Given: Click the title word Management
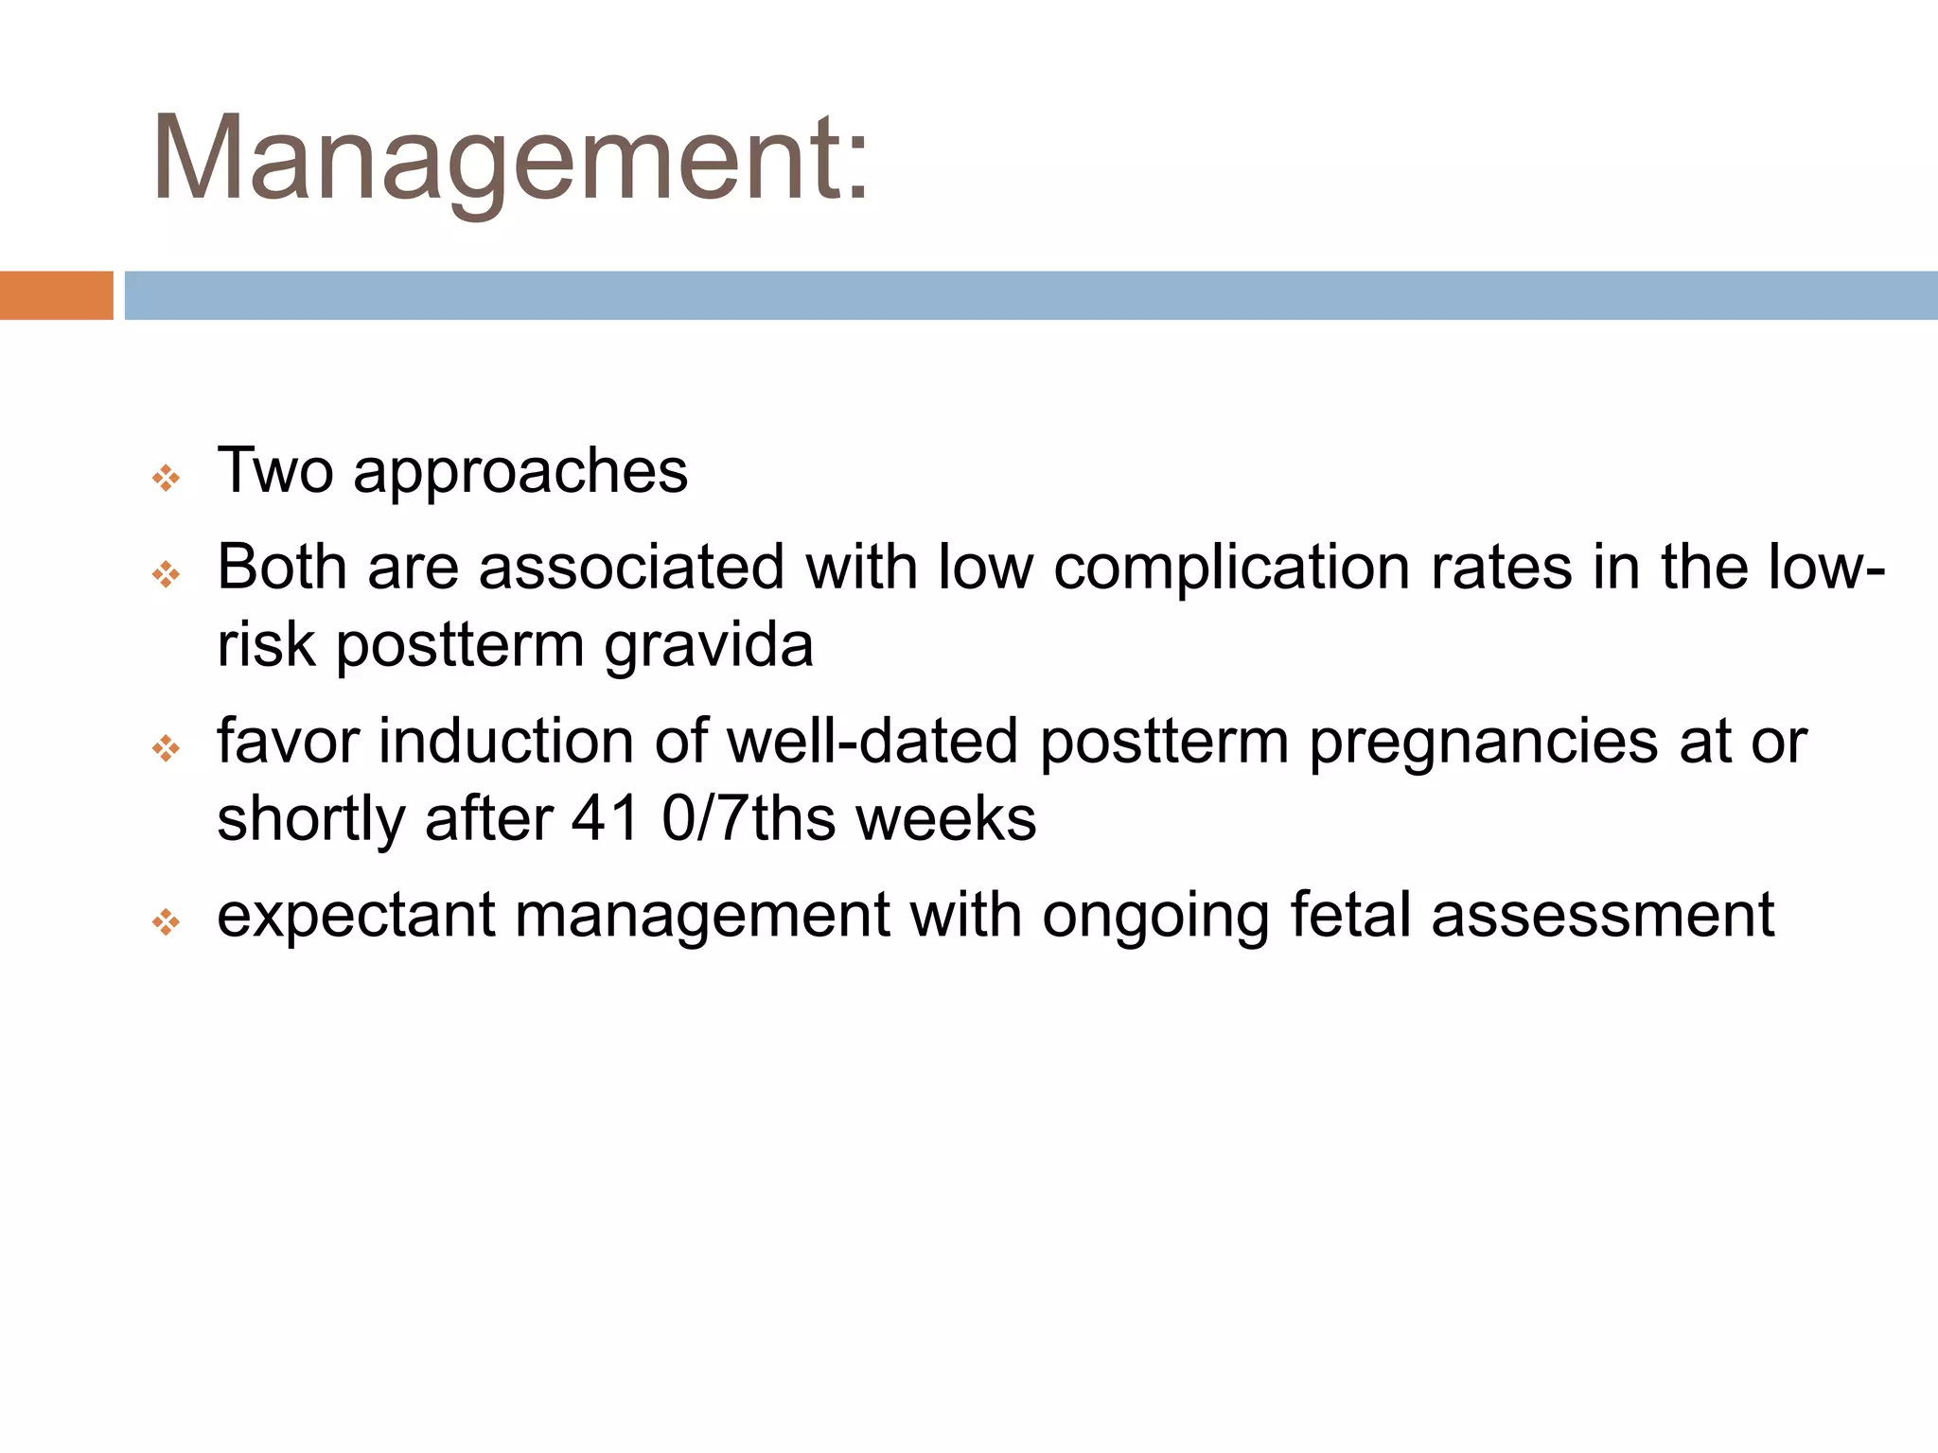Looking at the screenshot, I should point(509,159).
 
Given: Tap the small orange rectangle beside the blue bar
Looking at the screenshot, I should point(56,295).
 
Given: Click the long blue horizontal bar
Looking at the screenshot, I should point(1030,295).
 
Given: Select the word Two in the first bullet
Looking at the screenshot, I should point(274,470).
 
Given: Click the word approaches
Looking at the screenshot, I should point(520,472).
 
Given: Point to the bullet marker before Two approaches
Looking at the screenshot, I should point(166,479).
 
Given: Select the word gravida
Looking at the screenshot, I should point(708,646).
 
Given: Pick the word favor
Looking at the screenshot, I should point(288,741).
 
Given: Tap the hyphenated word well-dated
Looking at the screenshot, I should point(872,741).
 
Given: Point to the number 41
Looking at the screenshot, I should point(606,818).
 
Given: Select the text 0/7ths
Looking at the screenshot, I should point(749,818).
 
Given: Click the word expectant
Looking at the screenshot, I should point(356,917).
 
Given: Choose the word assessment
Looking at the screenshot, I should point(1602,915).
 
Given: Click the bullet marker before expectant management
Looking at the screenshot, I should point(166,922).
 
